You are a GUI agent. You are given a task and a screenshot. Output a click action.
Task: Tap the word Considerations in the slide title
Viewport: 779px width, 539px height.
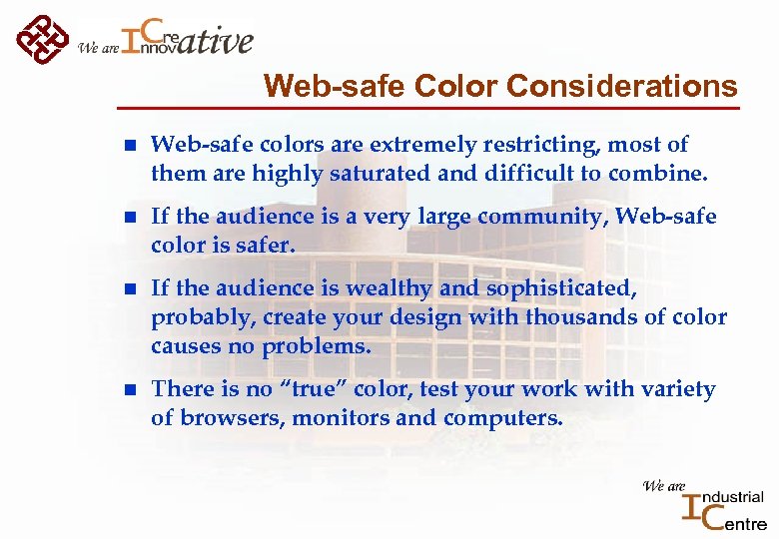pos(621,87)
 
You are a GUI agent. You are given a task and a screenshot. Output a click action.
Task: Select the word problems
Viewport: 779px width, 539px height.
pos(316,346)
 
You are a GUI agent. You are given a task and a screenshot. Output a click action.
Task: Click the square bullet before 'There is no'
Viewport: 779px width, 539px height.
pos(122,390)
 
